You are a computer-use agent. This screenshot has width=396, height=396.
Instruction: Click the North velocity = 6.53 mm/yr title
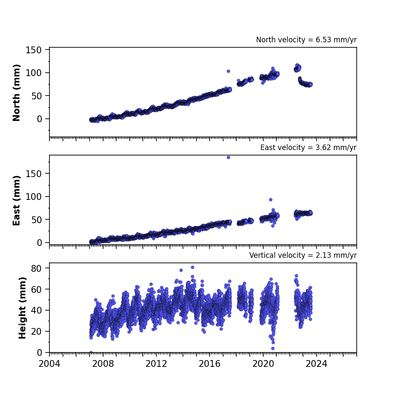coord(306,40)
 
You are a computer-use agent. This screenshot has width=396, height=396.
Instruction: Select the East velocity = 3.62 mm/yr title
coord(309,147)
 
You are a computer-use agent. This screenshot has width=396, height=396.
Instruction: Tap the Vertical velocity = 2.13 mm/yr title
coord(303,255)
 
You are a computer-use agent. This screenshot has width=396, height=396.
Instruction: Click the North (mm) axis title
coord(16,93)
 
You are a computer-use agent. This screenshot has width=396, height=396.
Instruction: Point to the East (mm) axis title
coord(16,200)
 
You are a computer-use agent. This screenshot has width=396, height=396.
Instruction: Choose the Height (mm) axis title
coord(22,308)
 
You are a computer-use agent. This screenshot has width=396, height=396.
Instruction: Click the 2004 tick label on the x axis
coord(49,364)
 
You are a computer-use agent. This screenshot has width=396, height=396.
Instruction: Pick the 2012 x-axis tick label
coord(156,364)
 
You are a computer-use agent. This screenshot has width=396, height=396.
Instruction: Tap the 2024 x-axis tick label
coord(316,364)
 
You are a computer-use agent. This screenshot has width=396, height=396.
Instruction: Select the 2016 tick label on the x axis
coord(209,364)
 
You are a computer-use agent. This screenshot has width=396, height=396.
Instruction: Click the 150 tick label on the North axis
coord(33,50)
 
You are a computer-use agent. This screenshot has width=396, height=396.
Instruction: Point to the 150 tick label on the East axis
coord(33,174)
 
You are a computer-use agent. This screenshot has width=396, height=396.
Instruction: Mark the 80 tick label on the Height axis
coord(36,268)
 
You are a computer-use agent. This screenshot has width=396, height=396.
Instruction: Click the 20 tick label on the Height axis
coord(36,331)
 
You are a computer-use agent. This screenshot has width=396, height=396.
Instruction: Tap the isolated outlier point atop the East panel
coord(228,157)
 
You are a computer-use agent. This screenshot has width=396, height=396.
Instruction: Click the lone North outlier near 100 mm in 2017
coord(228,71)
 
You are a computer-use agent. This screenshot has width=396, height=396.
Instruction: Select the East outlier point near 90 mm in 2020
coord(271,199)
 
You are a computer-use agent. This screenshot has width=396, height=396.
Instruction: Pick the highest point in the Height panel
coord(192,267)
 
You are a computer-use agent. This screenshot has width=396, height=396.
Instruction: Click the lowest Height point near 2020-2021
coord(273,349)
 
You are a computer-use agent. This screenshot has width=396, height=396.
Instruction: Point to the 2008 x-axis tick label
coord(103,364)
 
